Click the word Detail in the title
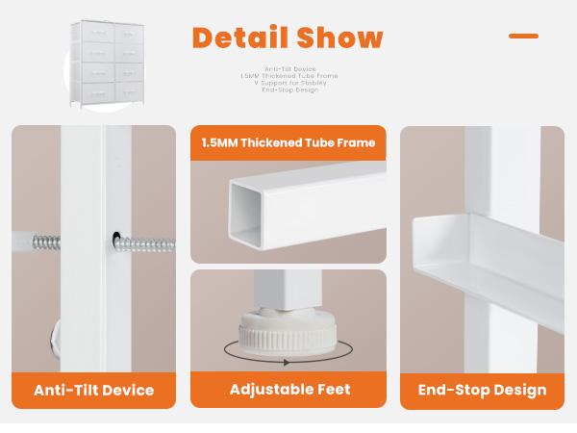point(239,38)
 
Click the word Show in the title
point(339,38)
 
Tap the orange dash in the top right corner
point(523,36)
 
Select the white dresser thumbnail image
point(107,64)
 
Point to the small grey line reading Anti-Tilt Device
point(290,69)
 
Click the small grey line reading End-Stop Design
point(290,89)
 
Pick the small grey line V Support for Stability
point(290,83)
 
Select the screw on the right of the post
point(144,243)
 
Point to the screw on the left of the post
point(46,242)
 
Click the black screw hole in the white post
point(116,237)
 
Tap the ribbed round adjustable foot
point(288,333)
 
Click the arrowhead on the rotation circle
point(286,363)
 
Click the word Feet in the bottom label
point(335,389)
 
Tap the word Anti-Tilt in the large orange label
point(62,391)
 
